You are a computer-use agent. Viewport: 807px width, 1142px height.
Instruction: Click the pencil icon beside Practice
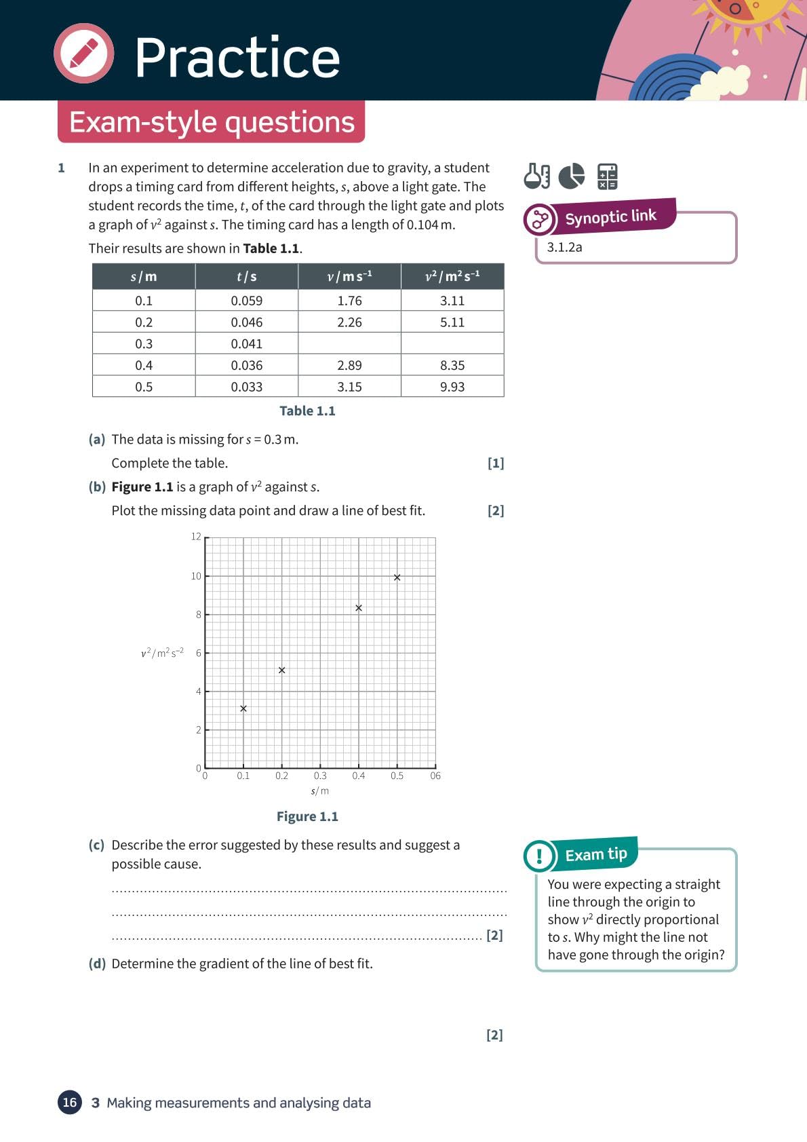84,54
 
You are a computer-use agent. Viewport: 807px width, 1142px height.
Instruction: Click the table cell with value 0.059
246,301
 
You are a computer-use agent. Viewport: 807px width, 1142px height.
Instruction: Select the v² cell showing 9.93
452,387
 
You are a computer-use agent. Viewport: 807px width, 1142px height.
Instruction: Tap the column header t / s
246,277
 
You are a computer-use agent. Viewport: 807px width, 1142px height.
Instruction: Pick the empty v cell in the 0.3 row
349,343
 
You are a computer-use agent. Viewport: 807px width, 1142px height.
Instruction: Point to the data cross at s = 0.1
243,708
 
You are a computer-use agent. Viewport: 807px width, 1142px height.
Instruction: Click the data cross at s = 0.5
397,577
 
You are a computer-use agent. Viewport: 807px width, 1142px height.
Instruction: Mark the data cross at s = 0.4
359,608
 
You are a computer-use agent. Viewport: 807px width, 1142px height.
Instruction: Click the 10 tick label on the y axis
196,576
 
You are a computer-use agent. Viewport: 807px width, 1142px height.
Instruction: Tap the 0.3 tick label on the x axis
320,776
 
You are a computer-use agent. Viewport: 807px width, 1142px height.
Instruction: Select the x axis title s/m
320,791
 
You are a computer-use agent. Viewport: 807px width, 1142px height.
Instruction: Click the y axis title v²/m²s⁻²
162,653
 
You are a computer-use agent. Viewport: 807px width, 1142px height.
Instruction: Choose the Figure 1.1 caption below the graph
307,816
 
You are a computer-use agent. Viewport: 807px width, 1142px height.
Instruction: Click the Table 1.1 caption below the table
307,411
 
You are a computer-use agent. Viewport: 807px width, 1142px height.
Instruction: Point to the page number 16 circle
70,1102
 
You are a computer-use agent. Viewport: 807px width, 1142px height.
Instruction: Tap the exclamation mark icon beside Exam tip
540,855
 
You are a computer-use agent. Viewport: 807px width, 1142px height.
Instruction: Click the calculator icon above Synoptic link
607,176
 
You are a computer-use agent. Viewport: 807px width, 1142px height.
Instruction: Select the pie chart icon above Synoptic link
572,176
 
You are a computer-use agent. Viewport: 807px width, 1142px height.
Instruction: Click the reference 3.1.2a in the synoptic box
564,247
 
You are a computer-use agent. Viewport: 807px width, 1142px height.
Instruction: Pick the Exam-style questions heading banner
212,122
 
